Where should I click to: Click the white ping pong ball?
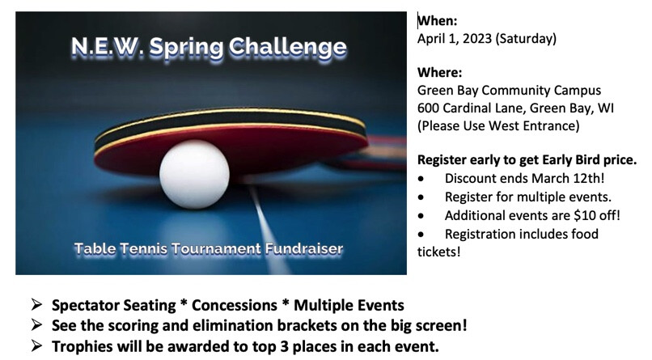tap(194, 174)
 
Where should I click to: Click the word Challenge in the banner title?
tap(287, 47)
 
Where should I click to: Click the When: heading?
tap(437, 21)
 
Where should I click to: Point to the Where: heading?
tap(439, 73)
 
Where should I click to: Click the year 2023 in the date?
tap(477, 38)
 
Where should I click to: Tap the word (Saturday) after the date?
tap(526, 39)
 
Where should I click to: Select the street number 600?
tap(428, 108)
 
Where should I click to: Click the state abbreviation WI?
tap(605, 108)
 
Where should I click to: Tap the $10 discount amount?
tap(583, 215)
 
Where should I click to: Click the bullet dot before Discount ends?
tap(421, 179)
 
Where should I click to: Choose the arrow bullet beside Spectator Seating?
tap(36, 305)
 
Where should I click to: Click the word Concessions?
tap(234, 305)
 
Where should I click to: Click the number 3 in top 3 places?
tap(285, 346)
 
